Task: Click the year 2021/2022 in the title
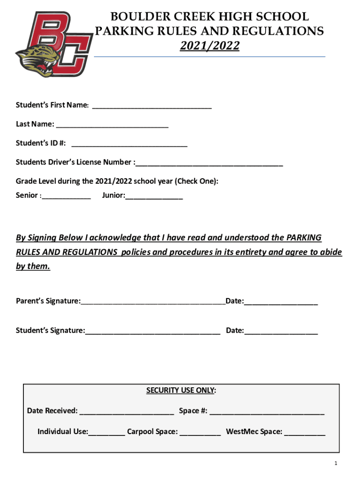tap(209, 46)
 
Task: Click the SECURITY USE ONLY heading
tap(181, 391)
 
